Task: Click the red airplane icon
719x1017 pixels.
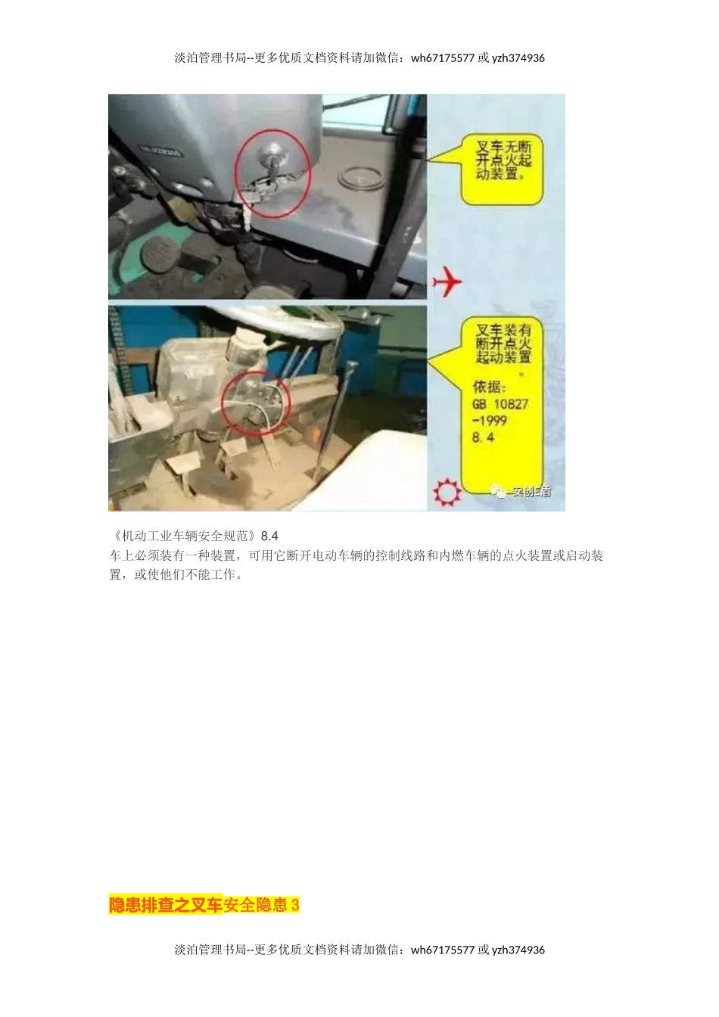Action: point(447,282)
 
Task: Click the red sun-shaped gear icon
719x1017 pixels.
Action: point(447,493)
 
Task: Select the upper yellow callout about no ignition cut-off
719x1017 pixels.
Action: point(503,161)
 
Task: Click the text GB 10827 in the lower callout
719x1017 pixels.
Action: point(500,404)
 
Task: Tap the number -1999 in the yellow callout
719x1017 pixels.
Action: point(489,421)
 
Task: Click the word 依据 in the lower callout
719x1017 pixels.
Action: point(487,387)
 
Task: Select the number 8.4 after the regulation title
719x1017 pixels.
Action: point(269,536)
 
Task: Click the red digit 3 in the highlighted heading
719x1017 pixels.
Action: point(295,905)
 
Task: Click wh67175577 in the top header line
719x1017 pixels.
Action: point(443,58)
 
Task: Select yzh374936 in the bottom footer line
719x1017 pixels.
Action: point(518,950)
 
